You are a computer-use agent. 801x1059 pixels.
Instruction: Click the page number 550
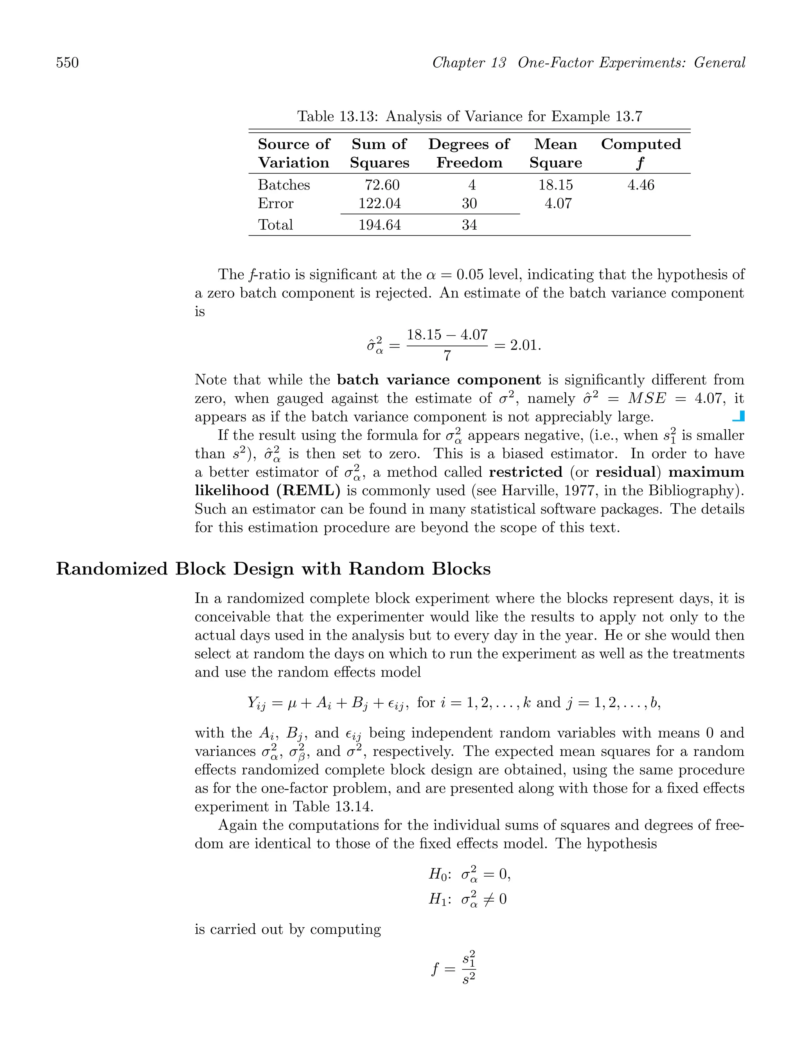[x=68, y=63]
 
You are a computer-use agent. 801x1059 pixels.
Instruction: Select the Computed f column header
[x=640, y=153]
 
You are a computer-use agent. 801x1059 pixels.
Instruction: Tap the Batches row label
[x=284, y=185]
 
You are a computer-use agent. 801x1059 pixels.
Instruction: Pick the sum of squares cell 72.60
[x=382, y=185]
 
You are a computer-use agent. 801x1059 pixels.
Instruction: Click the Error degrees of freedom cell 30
[x=469, y=204]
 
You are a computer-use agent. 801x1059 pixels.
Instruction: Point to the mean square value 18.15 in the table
[x=555, y=185]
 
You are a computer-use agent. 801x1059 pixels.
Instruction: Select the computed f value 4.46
[x=640, y=185]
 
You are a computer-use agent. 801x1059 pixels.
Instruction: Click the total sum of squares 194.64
[x=379, y=225]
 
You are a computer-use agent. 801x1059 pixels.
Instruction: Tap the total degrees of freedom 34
[x=469, y=225]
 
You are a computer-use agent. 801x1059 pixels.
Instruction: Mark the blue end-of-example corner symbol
[x=739, y=416]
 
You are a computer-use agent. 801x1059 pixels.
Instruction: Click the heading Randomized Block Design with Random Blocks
[x=273, y=569]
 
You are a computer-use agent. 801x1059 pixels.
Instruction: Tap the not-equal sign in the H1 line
[x=489, y=899]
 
